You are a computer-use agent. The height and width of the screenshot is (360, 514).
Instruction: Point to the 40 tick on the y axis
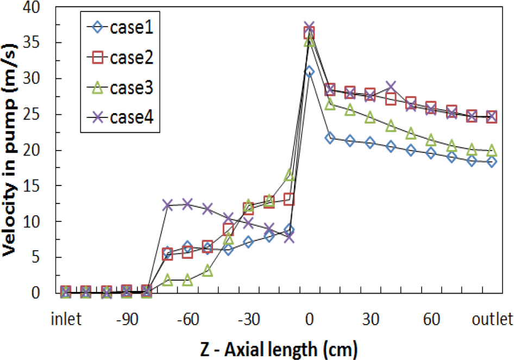(x=37, y=8)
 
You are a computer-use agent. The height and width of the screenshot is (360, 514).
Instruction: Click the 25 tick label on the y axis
(x=37, y=115)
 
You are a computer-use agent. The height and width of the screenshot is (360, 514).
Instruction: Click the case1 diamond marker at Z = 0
(x=309, y=72)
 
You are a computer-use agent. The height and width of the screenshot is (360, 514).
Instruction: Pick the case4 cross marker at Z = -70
(x=167, y=205)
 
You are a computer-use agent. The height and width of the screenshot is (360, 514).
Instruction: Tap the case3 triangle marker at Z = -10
(x=289, y=175)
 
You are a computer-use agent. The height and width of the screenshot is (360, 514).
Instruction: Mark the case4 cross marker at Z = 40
(x=390, y=86)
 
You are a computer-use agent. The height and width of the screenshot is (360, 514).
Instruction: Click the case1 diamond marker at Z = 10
(x=329, y=138)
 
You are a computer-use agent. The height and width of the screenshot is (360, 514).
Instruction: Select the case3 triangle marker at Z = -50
(x=208, y=270)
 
